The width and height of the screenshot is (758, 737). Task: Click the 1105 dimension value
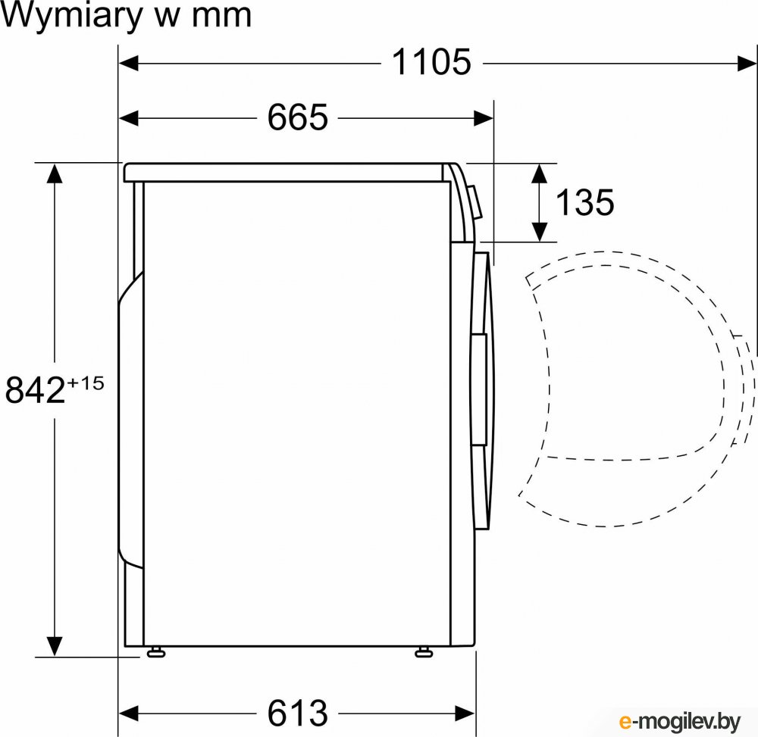(431, 63)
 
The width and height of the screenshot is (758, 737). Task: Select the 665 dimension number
(297, 117)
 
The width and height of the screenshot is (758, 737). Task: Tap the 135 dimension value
(584, 202)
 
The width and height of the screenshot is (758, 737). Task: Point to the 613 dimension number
(297, 713)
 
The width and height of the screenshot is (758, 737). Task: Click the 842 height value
(34, 391)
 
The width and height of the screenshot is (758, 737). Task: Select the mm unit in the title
(223, 17)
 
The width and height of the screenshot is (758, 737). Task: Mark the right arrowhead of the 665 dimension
(484, 117)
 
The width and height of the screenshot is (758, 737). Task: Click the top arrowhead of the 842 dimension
(53, 173)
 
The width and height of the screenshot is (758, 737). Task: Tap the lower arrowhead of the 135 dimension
(539, 232)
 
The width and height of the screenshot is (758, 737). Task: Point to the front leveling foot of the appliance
(422, 651)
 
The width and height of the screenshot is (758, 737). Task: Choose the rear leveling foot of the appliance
(156, 651)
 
